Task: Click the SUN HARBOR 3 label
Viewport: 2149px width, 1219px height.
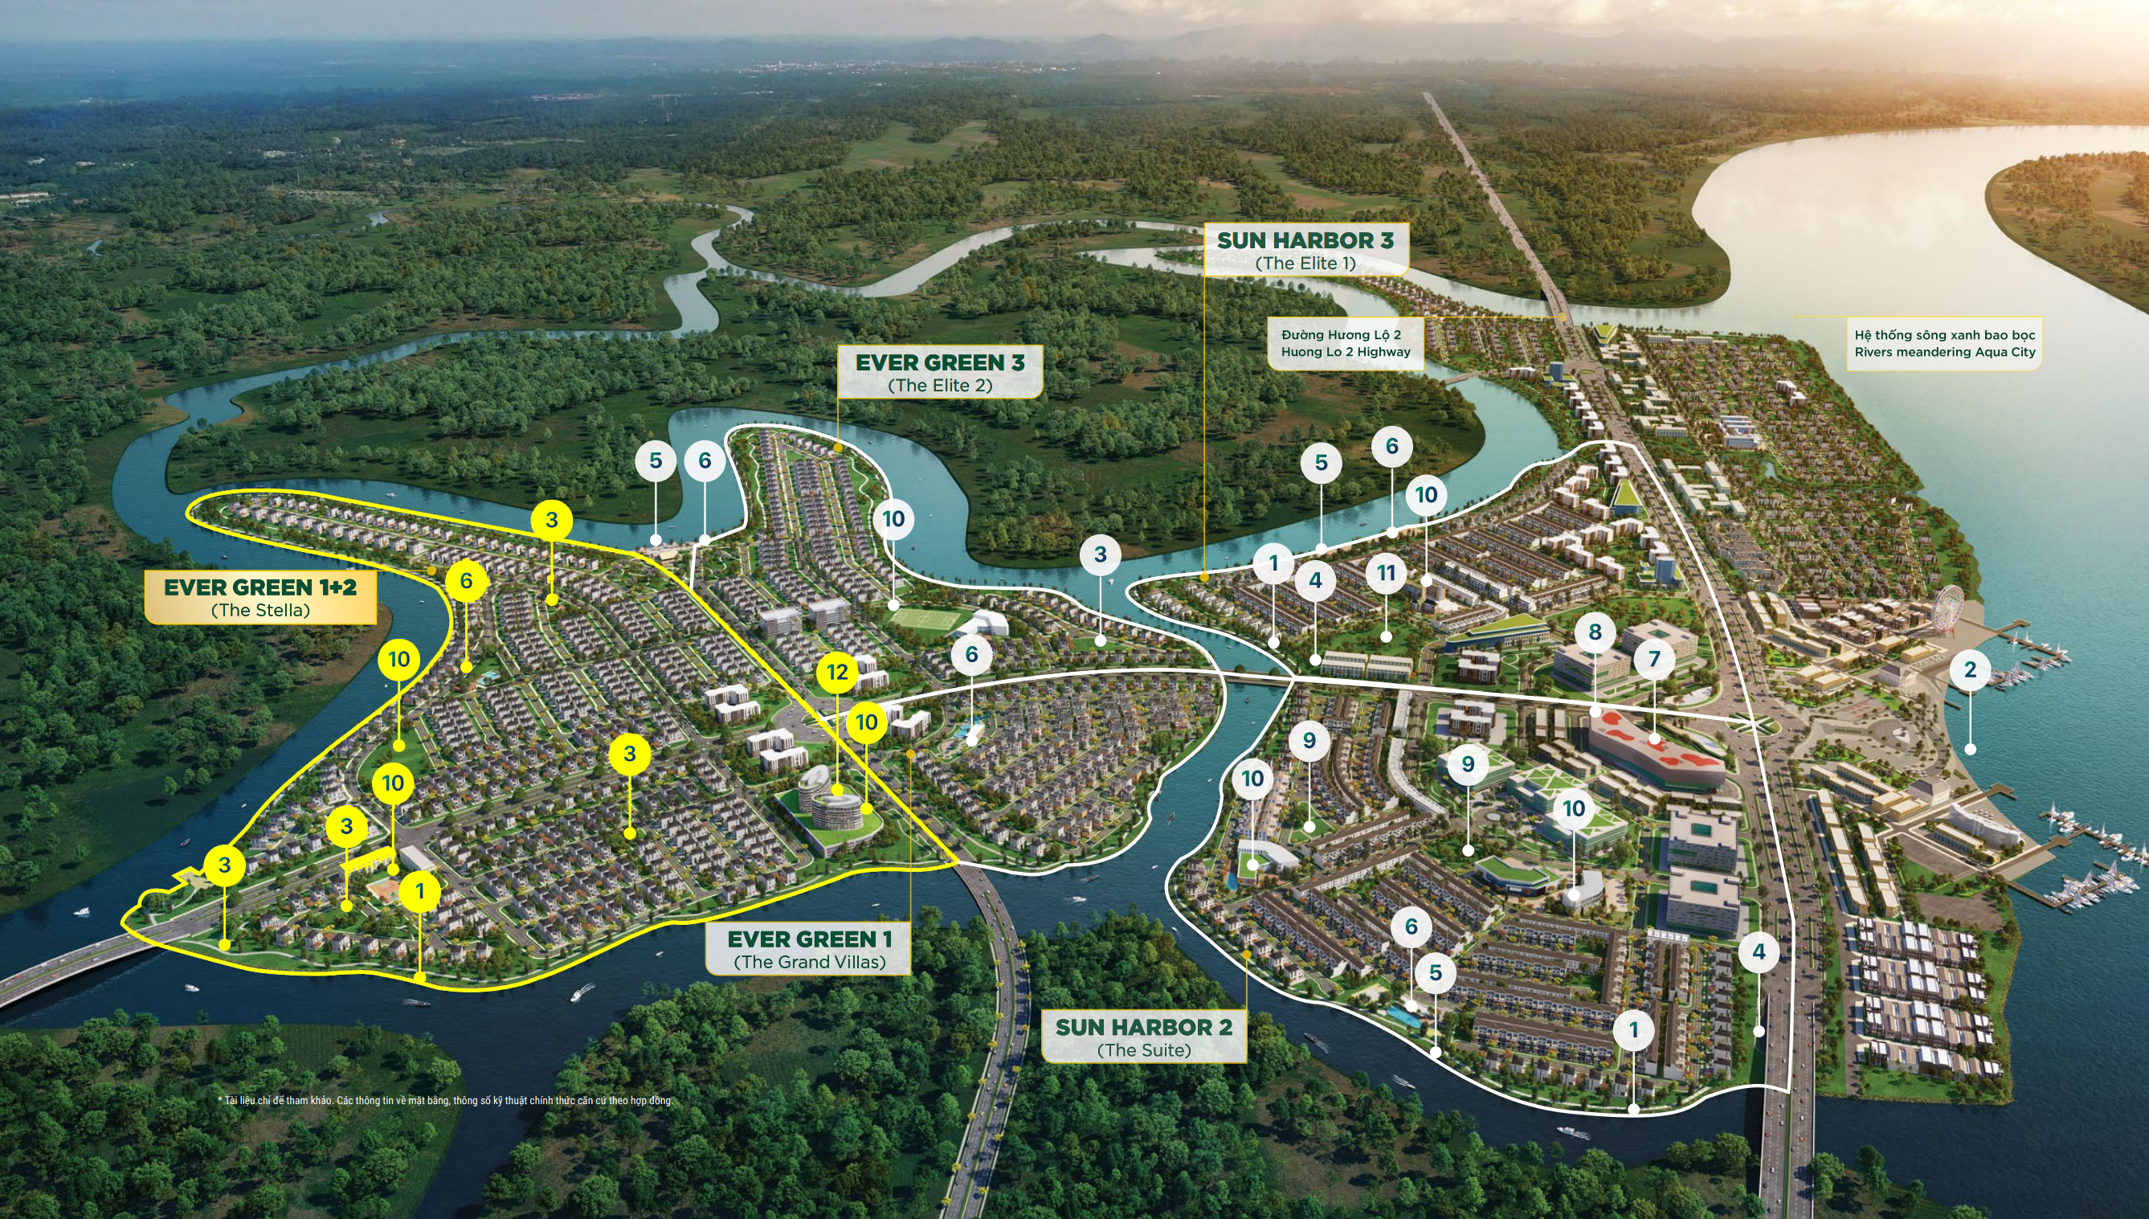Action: pyautogui.click(x=1305, y=240)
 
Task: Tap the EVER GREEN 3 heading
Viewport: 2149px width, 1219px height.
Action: pyautogui.click(x=939, y=362)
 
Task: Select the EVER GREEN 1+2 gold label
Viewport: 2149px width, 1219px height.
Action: pyautogui.click(x=260, y=587)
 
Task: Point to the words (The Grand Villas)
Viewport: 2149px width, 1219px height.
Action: pyautogui.click(x=809, y=962)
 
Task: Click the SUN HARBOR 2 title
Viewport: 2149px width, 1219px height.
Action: pyautogui.click(x=1143, y=1026)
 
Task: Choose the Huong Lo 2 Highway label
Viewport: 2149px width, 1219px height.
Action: pyautogui.click(x=1345, y=352)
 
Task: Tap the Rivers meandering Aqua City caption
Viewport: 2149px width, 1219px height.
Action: pyautogui.click(x=1944, y=353)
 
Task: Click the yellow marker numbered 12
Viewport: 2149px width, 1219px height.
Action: pyautogui.click(x=837, y=673)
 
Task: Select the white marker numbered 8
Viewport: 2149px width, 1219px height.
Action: pyautogui.click(x=1594, y=632)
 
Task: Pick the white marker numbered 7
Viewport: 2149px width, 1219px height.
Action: pyautogui.click(x=1653, y=659)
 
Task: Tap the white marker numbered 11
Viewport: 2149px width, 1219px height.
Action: pyautogui.click(x=1387, y=574)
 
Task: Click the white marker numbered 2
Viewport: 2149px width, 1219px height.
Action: pyautogui.click(x=1970, y=670)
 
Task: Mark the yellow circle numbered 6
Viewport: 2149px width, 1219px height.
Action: pyautogui.click(x=466, y=580)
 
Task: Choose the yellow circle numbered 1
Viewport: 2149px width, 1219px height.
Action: pyautogui.click(x=420, y=892)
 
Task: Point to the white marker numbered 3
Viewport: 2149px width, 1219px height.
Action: pyautogui.click(x=1100, y=554)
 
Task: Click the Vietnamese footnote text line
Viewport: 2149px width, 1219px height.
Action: pyautogui.click(x=444, y=1100)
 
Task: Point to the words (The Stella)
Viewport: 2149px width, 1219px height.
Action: pyautogui.click(x=260, y=611)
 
